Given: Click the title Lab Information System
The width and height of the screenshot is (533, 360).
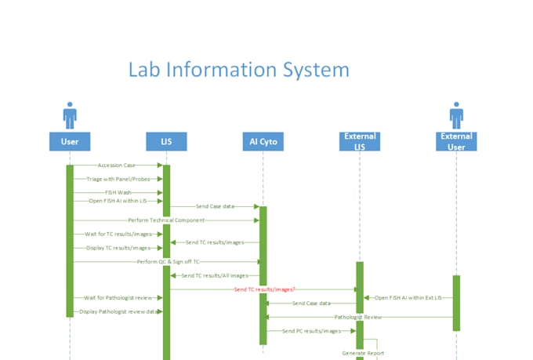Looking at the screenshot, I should [238, 70].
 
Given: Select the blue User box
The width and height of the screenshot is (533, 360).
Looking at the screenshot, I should [70, 141].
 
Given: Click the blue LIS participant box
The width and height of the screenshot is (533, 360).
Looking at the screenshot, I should [166, 141].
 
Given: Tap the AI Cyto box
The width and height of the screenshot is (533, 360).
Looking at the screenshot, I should [263, 141].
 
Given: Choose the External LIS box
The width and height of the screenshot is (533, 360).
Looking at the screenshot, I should [360, 141].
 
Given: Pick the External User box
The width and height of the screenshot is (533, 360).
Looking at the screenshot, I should [456, 141].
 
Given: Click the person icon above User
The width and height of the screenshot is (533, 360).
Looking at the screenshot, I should [70, 115].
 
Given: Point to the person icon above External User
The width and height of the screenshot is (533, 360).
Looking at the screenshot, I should [456, 115].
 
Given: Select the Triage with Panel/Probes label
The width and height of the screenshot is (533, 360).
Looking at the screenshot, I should [118, 179].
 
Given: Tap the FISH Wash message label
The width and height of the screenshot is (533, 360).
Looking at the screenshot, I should [118, 192].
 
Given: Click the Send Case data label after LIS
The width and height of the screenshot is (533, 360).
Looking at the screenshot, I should [214, 205].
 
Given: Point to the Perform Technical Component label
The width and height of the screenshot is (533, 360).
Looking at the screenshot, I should [165, 220].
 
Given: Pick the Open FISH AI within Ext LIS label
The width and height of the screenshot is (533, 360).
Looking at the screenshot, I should [408, 297].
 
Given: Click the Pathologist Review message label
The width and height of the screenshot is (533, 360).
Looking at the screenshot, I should [358, 317].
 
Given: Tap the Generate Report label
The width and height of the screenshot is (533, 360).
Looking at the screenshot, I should [363, 353].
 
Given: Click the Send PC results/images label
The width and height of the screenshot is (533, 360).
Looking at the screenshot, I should [311, 331].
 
